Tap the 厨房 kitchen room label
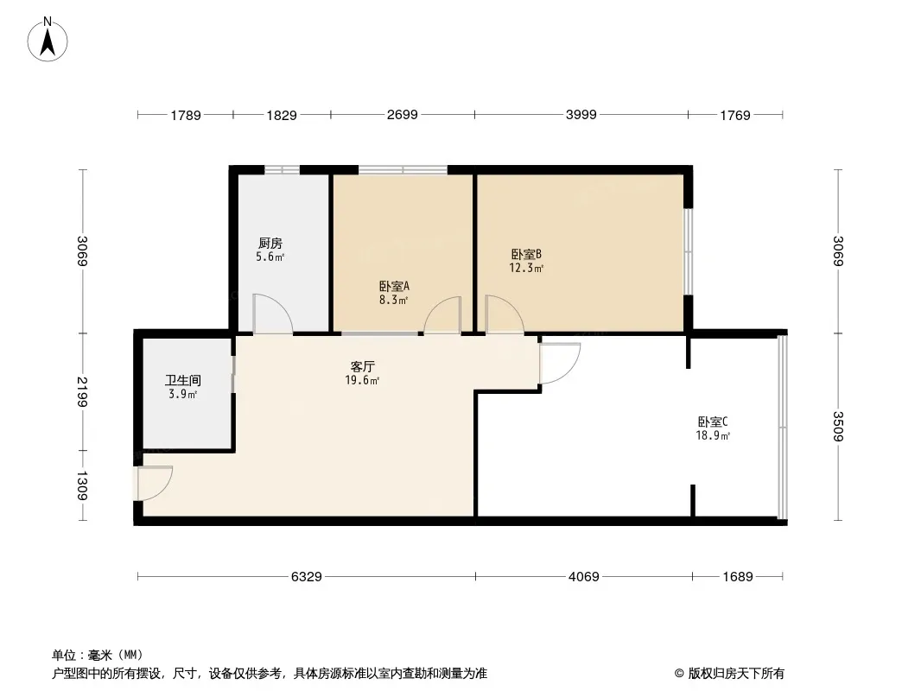[270, 244]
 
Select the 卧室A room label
[394, 286]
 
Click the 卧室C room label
[714, 422]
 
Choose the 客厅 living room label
[362, 366]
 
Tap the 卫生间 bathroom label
[183, 380]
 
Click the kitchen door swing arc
[272, 313]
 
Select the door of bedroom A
[443, 315]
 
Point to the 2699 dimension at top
[402, 115]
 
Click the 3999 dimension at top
[581, 115]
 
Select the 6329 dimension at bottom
[306, 576]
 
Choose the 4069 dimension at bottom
[583, 576]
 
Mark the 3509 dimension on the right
[837, 427]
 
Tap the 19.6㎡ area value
[362, 380]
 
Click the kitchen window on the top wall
[282, 169]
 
